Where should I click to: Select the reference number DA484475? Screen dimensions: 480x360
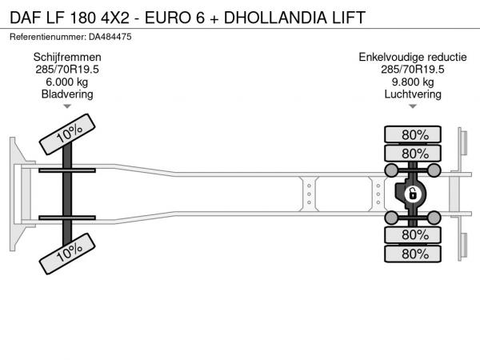[110, 37]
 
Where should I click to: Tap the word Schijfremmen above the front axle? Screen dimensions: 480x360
[67, 58]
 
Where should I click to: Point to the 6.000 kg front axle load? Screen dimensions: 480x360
[67, 82]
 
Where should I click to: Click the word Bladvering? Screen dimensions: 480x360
[67, 94]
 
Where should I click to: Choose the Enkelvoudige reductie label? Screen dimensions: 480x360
[413, 57]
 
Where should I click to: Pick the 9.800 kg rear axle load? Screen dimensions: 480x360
[413, 82]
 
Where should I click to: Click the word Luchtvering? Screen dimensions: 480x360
[413, 94]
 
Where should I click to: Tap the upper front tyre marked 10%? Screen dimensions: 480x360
[67, 134]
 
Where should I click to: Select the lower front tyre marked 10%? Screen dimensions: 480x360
[67, 254]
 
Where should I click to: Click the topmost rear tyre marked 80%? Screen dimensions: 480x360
[413, 134]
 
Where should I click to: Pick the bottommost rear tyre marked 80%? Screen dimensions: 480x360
[413, 254]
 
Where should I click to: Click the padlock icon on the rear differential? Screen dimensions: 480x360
[412, 194]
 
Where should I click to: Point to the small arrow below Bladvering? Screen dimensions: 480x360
[67, 106]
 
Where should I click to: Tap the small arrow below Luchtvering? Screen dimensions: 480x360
[413, 106]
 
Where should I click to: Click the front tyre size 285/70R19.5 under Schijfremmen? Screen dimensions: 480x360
[67, 70]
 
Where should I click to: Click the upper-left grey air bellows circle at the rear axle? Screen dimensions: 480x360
[391, 170]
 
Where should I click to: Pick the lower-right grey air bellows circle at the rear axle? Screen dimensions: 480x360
[434, 218]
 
